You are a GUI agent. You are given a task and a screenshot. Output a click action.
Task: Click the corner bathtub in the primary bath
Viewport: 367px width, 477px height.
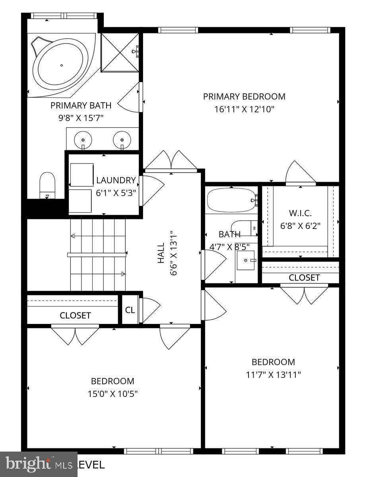click(x=62, y=65)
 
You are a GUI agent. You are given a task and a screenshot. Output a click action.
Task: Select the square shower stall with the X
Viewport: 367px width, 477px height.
click(x=120, y=52)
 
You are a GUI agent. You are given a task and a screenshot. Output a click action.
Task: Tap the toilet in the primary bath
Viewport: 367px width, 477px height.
click(x=47, y=185)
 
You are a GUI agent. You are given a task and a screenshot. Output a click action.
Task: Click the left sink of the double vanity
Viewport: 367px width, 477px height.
click(x=83, y=140)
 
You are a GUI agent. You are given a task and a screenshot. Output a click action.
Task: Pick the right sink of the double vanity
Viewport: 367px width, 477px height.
click(x=122, y=140)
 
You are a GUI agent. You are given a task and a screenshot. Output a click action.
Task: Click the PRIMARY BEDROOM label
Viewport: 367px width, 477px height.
click(x=244, y=96)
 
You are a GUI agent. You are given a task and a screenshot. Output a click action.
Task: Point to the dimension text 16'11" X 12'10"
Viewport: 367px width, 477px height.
click(x=244, y=109)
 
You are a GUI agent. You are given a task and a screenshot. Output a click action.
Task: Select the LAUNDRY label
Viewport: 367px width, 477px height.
click(x=116, y=180)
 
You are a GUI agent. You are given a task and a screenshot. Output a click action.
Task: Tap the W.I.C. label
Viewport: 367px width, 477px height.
click(x=301, y=213)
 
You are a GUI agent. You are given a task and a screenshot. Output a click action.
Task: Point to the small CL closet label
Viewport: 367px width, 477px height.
click(x=130, y=310)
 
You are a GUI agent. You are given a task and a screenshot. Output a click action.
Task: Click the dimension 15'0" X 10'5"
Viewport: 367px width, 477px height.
click(x=113, y=394)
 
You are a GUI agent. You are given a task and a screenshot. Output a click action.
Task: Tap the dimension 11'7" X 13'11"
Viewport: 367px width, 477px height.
click(x=273, y=374)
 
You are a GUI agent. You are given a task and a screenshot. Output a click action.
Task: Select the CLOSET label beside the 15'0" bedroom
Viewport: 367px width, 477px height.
click(x=75, y=316)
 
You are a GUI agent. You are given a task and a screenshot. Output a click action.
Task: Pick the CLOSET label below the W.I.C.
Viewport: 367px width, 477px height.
click(x=304, y=277)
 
